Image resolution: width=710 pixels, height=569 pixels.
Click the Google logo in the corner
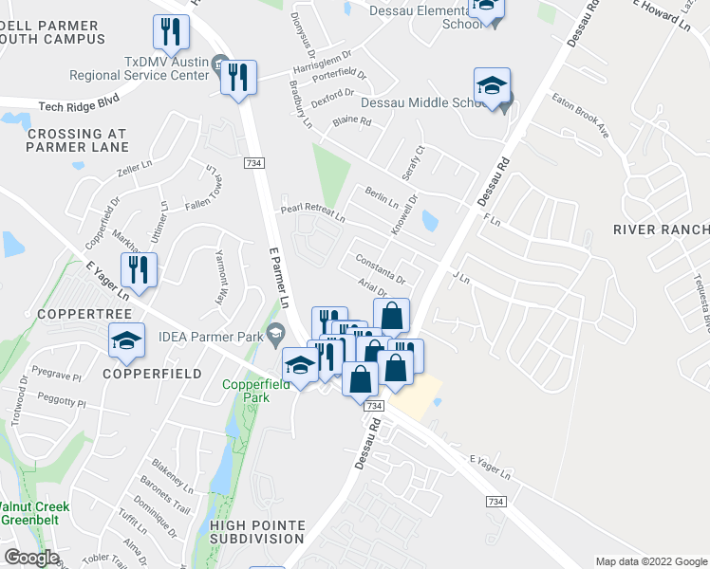(31, 558)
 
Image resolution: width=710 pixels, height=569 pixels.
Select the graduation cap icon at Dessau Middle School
(493, 87)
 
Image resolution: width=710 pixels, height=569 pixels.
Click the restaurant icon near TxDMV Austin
(238, 77)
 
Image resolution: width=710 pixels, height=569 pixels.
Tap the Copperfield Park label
(246, 391)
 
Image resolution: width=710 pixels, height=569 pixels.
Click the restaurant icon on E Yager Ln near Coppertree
(139, 271)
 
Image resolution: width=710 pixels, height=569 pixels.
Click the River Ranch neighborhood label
(661, 230)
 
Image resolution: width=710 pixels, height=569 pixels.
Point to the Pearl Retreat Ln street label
(311, 212)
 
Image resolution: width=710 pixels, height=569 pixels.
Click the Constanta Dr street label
(380, 270)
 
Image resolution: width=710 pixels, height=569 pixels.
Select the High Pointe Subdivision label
(257, 532)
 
